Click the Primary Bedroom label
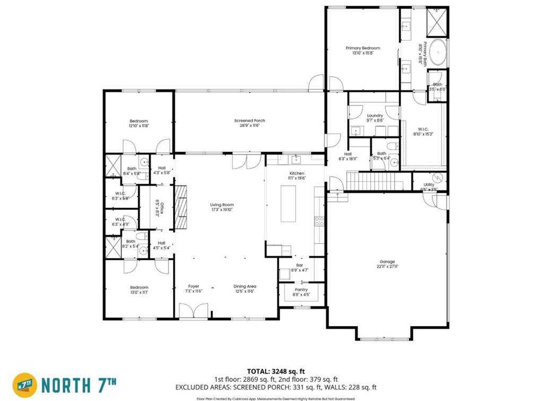point(363,48)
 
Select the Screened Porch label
point(249,121)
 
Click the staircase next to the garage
point(371,180)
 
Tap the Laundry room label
point(375,115)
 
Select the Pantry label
point(301,290)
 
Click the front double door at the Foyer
point(193,311)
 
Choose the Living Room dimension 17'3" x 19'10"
point(222,210)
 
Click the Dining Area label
point(245,287)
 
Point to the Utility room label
point(429,185)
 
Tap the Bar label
point(299,265)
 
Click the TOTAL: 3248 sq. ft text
point(276,371)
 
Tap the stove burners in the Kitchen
point(320,221)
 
